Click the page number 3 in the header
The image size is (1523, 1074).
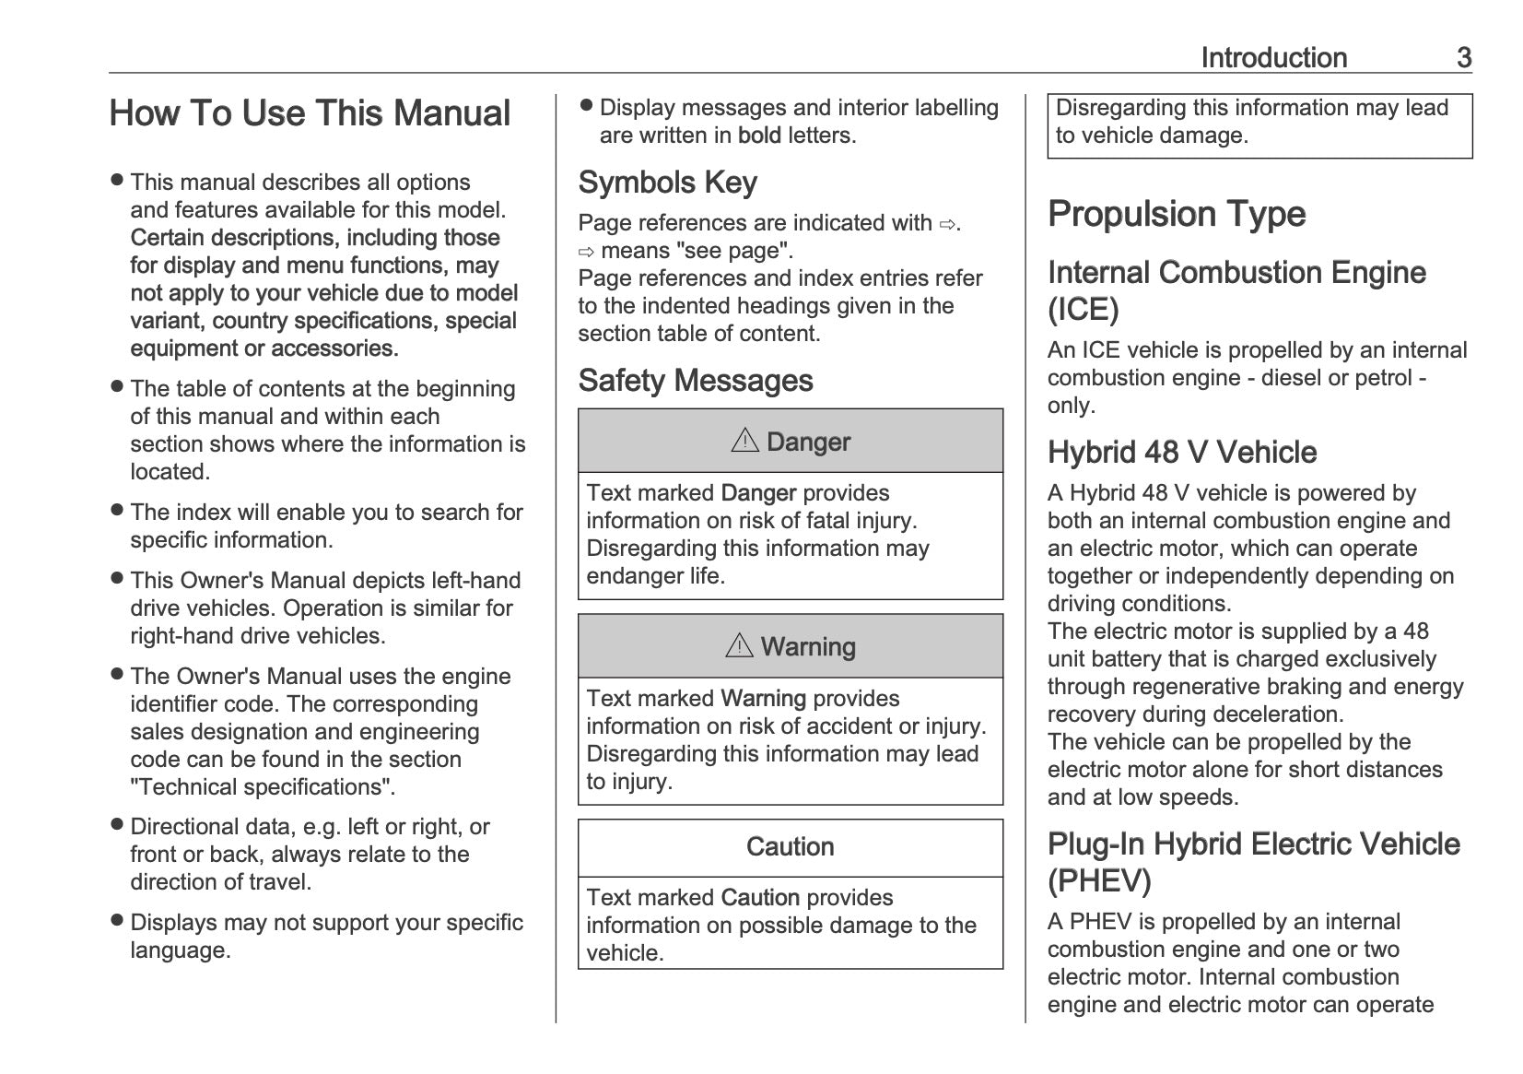[x=1463, y=58]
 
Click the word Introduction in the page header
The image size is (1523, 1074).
[x=1273, y=58]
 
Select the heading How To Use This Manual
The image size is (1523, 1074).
[x=310, y=113]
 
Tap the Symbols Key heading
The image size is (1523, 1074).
[x=667, y=183]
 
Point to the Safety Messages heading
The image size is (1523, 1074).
[x=695, y=381]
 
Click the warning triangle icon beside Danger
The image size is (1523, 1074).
[x=744, y=442]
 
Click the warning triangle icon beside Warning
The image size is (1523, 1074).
[x=739, y=646]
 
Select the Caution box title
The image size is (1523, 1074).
[x=790, y=847]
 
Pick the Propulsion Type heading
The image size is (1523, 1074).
[x=1177, y=214]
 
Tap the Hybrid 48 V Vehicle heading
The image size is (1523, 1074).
[x=1181, y=453]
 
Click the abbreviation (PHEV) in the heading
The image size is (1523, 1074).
[x=1099, y=881]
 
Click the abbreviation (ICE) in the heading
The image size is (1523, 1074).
[x=1083, y=310]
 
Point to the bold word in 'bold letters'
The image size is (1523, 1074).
[x=759, y=136]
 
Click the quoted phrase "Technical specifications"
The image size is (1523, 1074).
[x=263, y=787]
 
